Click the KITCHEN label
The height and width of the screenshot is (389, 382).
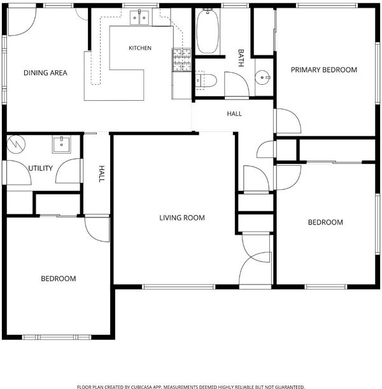point(140,48)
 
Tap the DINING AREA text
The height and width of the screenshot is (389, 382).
point(45,73)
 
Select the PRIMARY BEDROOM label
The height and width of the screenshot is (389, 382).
point(324,70)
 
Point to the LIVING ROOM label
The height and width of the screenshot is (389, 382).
point(182,218)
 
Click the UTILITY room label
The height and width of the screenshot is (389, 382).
point(40,168)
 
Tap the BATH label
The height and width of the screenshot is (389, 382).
point(241,58)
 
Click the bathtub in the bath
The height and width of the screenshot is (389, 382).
point(208,31)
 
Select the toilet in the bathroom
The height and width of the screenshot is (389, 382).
point(206,80)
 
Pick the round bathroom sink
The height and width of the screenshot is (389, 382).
point(263,77)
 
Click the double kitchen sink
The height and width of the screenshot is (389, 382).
point(139,17)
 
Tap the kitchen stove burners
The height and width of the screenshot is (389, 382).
point(182,59)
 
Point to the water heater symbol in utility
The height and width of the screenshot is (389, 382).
point(16,144)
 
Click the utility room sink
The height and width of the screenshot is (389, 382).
point(61,144)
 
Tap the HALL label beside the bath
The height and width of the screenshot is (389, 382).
point(234,114)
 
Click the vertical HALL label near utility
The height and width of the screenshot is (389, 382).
point(102,174)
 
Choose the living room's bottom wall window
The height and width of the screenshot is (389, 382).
point(179,287)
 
